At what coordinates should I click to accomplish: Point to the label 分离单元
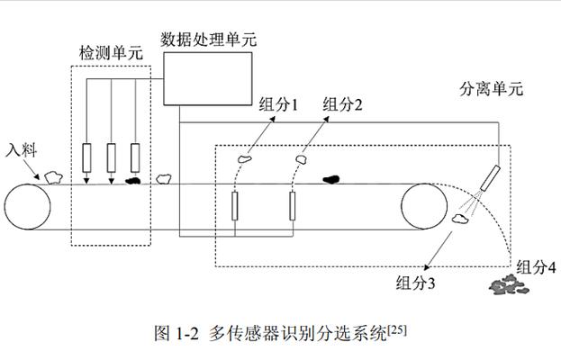pyautogui.click(x=491, y=89)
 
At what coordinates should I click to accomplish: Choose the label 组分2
pyautogui.click(x=343, y=104)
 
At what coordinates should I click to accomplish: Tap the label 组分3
pyautogui.click(x=416, y=283)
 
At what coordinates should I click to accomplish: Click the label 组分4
pyautogui.click(x=536, y=266)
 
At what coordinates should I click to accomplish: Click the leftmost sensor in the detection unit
pyautogui.click(x=86, y=158)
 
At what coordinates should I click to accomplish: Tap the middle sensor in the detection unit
pyautogui.click(x=111, y=158)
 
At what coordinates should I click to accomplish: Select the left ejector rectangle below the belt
pyautogui.click(x=236, y=207)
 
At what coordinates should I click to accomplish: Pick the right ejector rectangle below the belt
pyautogui.click(x=294, y=207)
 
